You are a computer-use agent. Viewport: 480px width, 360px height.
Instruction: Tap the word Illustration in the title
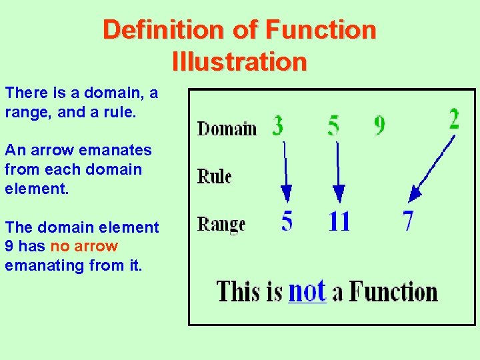tap(239, 62)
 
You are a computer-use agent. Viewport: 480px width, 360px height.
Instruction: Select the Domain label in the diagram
tap(227, 128)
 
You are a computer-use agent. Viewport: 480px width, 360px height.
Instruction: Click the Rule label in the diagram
tap(214, 177)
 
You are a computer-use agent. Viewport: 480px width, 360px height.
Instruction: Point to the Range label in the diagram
tap(221, 224)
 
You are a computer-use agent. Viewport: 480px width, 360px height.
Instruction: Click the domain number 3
tap(278, 125)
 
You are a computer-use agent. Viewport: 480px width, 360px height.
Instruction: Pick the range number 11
tap(339, 220)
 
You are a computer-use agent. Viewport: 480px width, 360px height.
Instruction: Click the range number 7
tap(407, 220)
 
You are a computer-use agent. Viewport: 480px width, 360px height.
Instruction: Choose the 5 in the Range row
tap(287, 220)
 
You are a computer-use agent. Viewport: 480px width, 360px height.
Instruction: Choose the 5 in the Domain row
tap(333, 125)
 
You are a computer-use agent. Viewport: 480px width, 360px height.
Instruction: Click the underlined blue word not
tap(307, 291)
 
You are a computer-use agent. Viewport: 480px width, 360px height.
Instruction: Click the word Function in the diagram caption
tap(393, 292)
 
